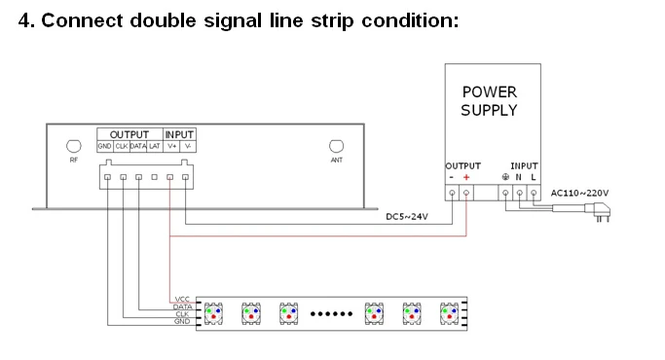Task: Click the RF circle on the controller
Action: pos(74,146)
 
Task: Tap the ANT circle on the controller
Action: pos(336,146)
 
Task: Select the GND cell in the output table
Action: pos(105,146)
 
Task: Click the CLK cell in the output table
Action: pos(122,146)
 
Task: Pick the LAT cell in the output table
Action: pos(155,146)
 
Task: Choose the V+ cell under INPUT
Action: pos(171,146)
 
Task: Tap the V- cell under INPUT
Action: pos(188,146)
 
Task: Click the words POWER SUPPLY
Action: pos(489,101)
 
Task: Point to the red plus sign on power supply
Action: pos(466,177)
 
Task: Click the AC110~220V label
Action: pos(579,194)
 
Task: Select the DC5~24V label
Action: pos(407,217)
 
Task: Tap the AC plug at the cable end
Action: pos(599,211)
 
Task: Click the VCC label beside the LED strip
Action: pos(182,300)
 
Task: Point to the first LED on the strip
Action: pos(213,313)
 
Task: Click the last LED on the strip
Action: pos(449,313)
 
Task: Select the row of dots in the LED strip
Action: pos(331,313)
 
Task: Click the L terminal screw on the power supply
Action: pos(534,193)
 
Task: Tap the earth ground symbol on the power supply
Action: pos(505,177)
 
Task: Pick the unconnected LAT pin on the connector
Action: pos(155,177)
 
